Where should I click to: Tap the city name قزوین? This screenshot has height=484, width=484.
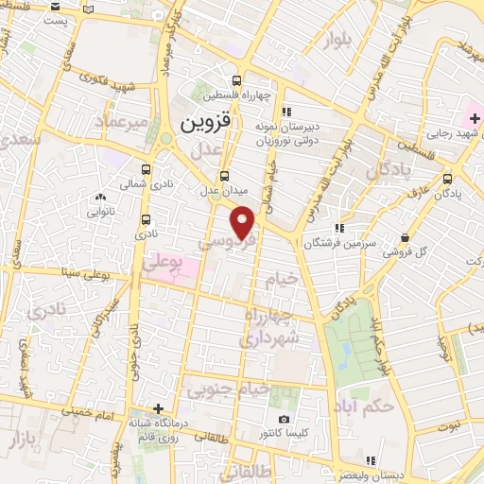tap(205, 123)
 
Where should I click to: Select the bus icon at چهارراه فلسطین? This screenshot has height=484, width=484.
tap(236, 81)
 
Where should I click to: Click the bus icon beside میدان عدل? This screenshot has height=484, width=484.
tap(224, 176)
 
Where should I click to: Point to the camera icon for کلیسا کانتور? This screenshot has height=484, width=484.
tap(284, 419)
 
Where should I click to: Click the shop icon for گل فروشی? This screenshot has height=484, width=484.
tap(405, 238)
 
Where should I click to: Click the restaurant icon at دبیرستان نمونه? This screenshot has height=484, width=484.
tap(285, 111)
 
